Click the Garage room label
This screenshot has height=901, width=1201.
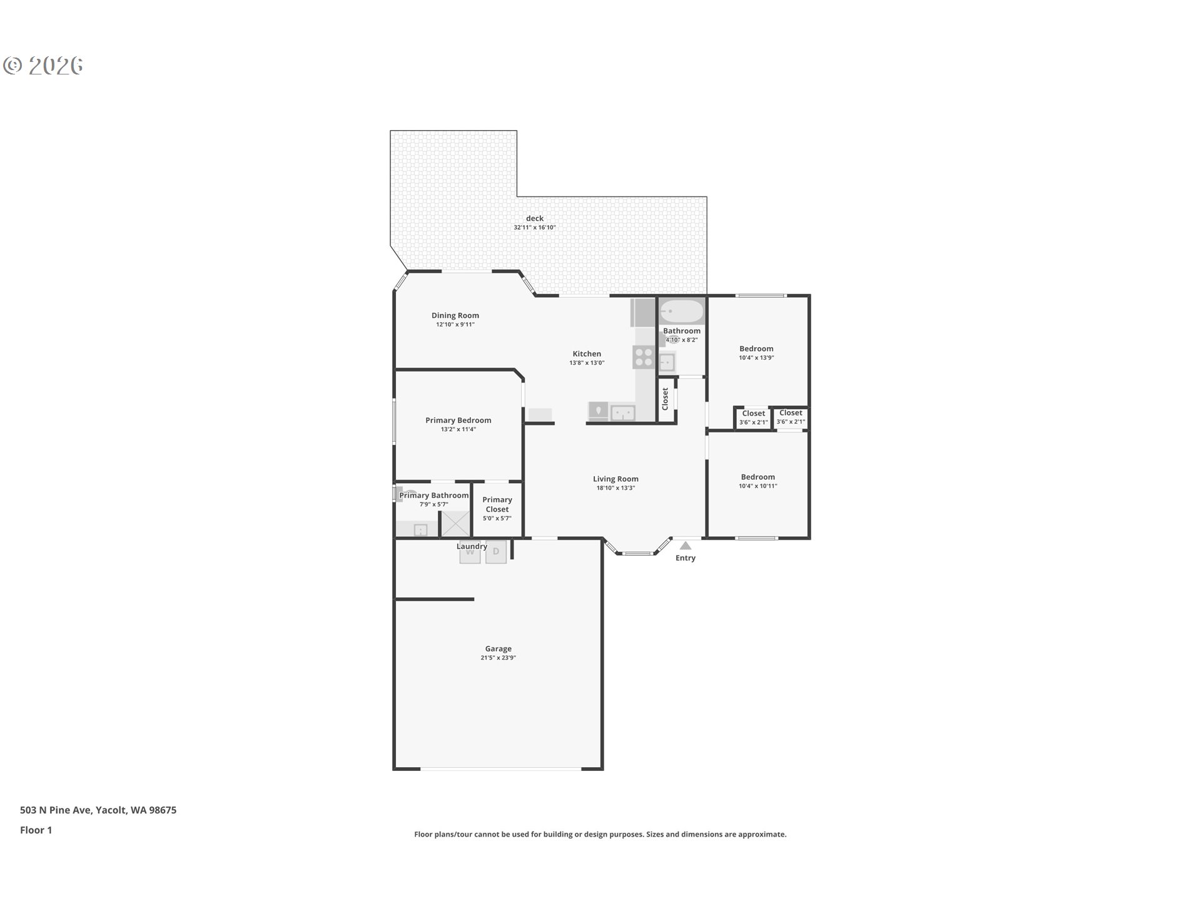(499, 649)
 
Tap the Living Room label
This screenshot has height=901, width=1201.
(616, 479)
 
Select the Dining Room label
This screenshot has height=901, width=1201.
(455, 316)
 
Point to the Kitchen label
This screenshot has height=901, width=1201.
(587, 354)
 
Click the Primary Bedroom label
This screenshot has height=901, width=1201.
(459, 420)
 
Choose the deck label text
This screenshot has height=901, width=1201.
(535, 218)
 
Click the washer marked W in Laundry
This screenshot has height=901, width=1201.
(470, 552)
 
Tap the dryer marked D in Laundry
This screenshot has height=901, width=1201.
(496, 552)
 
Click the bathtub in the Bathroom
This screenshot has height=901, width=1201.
(682, 311)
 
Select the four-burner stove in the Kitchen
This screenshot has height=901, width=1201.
(644, 357)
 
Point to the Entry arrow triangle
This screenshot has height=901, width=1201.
(686, 546)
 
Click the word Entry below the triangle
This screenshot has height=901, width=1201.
(686, 558)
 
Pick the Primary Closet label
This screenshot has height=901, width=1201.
(497, 504)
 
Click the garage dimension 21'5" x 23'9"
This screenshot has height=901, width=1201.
(499, 658)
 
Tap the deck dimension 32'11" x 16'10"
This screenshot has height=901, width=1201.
(535, 228)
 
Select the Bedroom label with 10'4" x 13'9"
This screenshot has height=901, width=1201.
(756, 349)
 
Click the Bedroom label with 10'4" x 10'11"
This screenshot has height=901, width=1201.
(758, 477)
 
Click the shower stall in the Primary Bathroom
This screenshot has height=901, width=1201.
(456, 524)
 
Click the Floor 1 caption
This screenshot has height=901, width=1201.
(36, 830)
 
